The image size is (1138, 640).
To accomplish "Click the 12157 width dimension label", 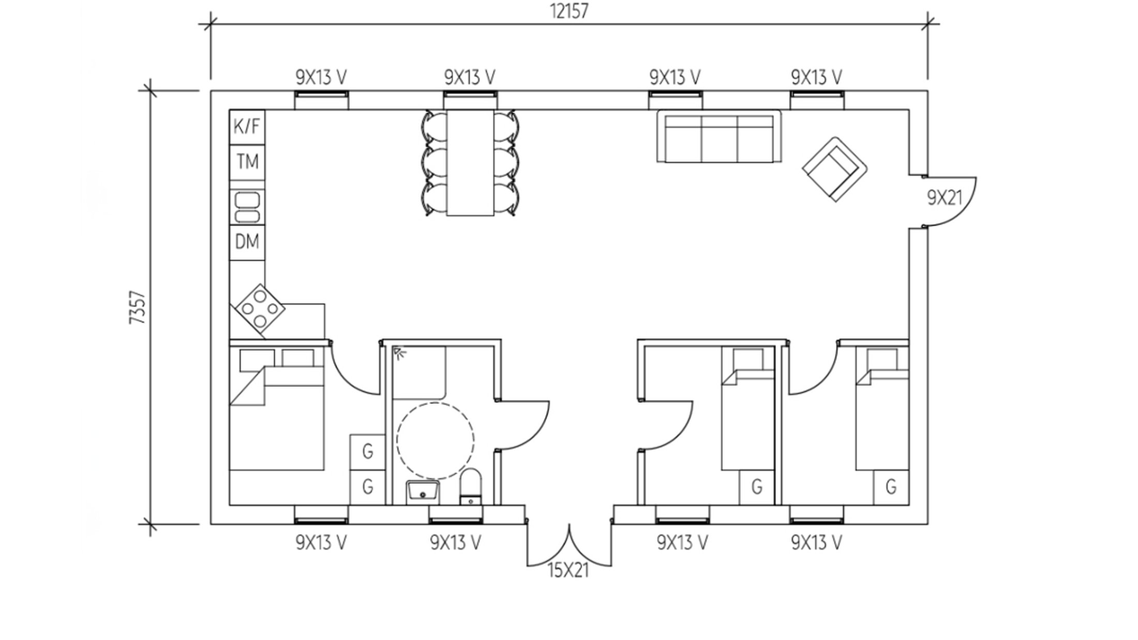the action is [x=568, y=11].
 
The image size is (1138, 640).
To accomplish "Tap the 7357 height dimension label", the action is [x=138, y=308].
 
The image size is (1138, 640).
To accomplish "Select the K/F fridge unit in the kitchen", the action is [x=247, y=127].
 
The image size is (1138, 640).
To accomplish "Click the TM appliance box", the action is [x=247, y=162].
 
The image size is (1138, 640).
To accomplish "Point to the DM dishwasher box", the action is [x=247, y=242].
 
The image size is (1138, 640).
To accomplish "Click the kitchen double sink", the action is [x=247, y=207].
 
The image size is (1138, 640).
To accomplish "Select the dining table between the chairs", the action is [x=470, y=162].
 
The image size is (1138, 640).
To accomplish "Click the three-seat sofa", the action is [x=719, y=136].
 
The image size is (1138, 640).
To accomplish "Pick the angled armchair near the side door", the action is [x=835, y=169].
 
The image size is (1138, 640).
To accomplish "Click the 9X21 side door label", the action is [x=945, y=197].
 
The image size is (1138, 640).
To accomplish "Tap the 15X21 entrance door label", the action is [x=568, y=571].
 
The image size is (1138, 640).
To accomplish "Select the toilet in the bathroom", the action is [x=471, y=486].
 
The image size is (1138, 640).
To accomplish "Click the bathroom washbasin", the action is [x=423, y=492].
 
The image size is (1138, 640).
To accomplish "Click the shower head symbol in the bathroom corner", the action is [x=399, y=353].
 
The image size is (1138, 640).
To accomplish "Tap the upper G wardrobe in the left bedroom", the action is [x=368, y=452].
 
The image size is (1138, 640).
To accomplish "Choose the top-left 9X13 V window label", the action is [x=321, y=78].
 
